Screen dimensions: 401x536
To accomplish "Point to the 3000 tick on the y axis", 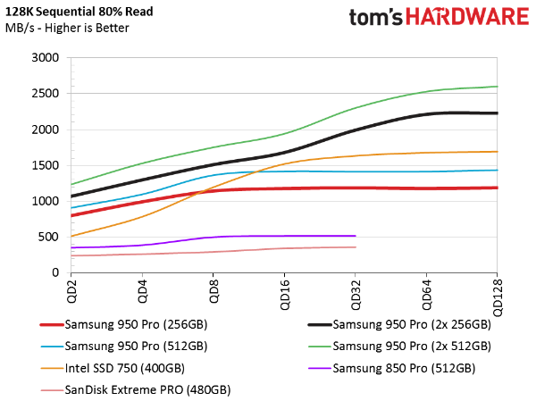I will coord(46,58).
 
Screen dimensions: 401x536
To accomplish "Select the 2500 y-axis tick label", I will coord(46,94).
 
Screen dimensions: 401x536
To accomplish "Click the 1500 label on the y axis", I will coord(46,165).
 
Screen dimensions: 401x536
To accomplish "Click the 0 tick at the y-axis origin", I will coord(54,272).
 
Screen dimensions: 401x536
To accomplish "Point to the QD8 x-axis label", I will coord(213,290).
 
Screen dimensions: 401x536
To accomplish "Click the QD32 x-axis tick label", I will coord(356,293).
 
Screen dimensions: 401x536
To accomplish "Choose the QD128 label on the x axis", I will coord(498,296).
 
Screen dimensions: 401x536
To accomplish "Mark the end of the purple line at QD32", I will coord(356,236).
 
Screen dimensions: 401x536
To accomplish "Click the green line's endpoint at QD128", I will coord(498,87).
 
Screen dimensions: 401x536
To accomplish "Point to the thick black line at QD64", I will coord(427,113).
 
